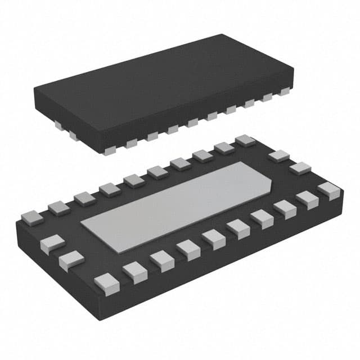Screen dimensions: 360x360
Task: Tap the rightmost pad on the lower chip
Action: tap(329, 191)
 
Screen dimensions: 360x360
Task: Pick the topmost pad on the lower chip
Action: tap(245, 140)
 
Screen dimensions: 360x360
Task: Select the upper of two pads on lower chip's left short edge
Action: tap(52, 242)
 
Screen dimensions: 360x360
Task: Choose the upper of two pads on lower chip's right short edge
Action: tap(278, 156)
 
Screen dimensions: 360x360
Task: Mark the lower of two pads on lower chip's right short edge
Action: tap(300, 168)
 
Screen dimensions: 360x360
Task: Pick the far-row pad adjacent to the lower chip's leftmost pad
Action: tap(58, 208)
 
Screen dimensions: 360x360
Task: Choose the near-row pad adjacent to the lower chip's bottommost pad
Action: tap(135, 271)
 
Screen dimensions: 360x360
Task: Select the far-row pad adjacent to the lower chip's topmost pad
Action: tap(224, 148)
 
